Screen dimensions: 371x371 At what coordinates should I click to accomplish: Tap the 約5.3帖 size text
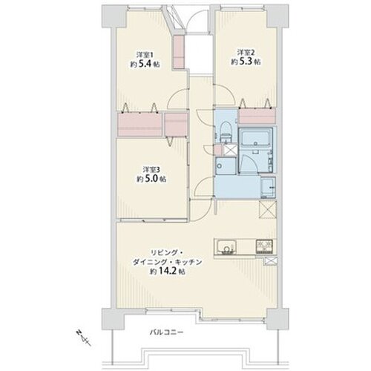246,62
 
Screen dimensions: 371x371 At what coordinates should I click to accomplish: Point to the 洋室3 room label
151,170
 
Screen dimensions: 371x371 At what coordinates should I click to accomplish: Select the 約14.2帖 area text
168,272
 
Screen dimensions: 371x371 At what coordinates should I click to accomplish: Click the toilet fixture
226,132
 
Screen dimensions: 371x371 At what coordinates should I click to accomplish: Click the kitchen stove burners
264,246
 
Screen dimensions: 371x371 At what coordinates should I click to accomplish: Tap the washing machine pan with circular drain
226,165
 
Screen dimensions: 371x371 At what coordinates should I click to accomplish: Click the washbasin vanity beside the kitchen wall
268,188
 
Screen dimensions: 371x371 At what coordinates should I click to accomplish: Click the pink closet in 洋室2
257,116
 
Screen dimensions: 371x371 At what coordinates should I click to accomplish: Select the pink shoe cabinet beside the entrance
178,52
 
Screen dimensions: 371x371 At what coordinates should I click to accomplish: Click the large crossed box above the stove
268,209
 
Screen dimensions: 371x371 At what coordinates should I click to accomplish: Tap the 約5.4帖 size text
145,65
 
